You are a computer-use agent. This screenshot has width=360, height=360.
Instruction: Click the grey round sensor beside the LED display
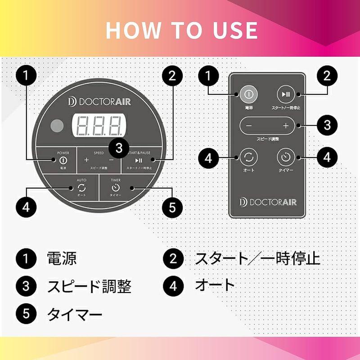click(57, 126)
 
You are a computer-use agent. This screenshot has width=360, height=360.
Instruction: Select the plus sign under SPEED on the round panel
click(87, 160)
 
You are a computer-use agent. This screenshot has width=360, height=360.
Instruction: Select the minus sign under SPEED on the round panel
click(111, 160)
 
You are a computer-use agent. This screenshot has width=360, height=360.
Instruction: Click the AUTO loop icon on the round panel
click(82, 187)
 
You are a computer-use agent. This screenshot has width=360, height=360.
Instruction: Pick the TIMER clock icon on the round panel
click(115, 187)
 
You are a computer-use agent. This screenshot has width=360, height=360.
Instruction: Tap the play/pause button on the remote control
click(285, 94)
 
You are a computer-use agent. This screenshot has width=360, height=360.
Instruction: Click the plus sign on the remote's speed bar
click(285, 126)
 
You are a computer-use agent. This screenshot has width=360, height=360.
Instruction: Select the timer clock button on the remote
click(285, 157)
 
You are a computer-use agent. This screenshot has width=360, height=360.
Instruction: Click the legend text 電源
click(62, 259)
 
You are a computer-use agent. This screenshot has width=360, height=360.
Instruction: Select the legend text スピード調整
click(89, 286)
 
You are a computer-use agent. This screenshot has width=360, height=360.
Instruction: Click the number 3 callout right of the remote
click(327, 125)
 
